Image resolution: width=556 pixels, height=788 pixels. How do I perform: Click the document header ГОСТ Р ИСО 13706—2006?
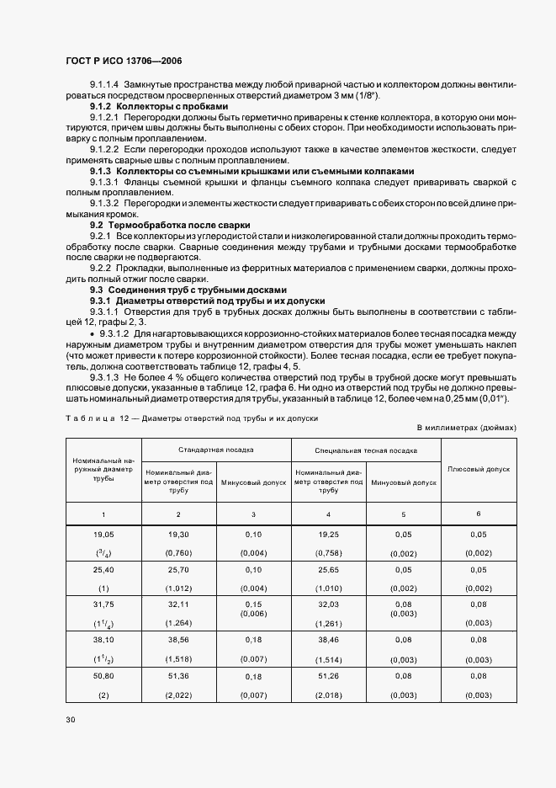[x=124, y=61]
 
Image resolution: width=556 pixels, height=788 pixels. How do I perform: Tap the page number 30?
[x=70, y=720]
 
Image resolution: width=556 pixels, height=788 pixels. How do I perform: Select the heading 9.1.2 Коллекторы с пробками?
[x=159, y=107]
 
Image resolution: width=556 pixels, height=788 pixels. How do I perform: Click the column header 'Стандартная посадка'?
[x=216, y=450]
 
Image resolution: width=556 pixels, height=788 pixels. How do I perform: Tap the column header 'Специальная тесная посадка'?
[x=366, y=450]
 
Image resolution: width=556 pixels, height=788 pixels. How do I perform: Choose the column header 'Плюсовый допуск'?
[x=479, y=468]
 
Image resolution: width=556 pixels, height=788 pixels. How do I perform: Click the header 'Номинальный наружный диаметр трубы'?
[x=103, y=469]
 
